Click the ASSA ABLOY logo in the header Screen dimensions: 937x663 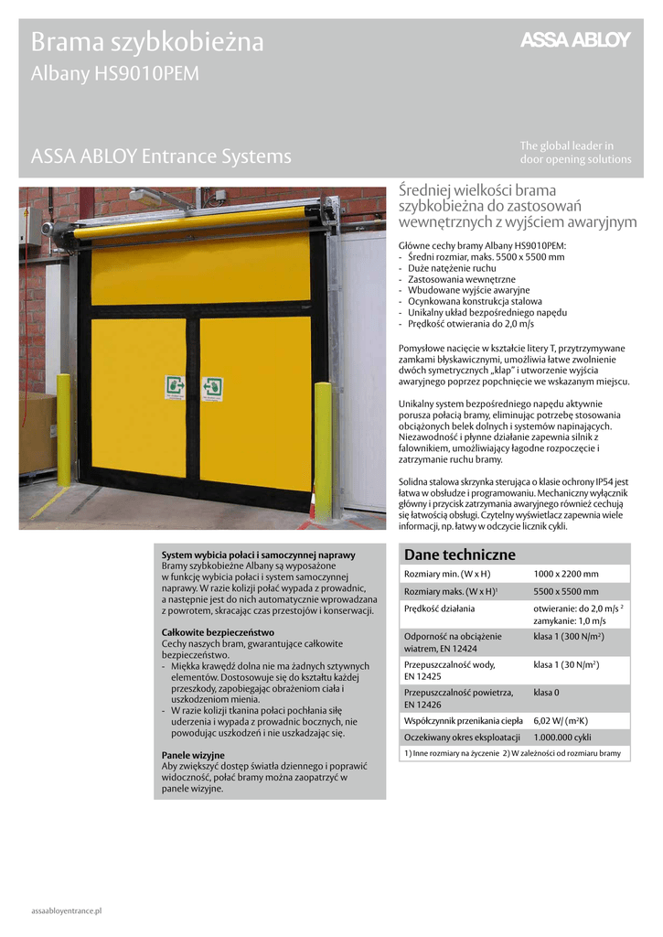(575, 39)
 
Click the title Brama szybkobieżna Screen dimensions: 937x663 (147, 42)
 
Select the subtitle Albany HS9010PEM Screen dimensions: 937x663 (114, 74)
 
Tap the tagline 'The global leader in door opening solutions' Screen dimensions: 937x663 (575, 152)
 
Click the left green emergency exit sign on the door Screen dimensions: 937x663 (175, 387)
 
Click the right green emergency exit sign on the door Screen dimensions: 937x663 (213, 386)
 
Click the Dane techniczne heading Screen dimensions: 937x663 (447, 555)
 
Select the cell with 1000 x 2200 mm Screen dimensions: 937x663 (565, 574)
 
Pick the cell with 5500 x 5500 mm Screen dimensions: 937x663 (565, 591)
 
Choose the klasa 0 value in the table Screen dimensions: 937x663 (546, 693)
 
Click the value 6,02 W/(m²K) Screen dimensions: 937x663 (561, 720)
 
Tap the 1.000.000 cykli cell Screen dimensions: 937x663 (561, 737)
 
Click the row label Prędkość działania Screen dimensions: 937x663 (439, 609)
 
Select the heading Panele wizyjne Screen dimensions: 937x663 (193, 755)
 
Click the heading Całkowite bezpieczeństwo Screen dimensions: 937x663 (218, 632)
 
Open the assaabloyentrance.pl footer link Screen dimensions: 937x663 (66, 911)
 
